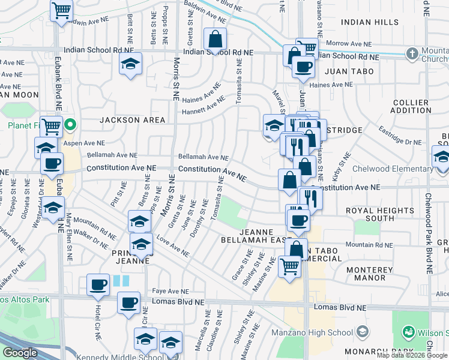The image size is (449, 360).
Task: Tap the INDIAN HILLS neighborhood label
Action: pos(369,22)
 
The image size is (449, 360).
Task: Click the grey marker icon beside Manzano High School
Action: pos(363,332)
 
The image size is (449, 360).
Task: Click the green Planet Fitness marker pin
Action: pos(70,125)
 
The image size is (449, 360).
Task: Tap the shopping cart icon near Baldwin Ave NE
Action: pos(62,11)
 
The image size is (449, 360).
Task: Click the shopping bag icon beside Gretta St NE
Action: pos(215,40)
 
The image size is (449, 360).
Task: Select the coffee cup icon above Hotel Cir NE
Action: pos(98,286)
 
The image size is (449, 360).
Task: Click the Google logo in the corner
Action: pos(20,353)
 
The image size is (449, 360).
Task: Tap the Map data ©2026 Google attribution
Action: pos(411,355)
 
